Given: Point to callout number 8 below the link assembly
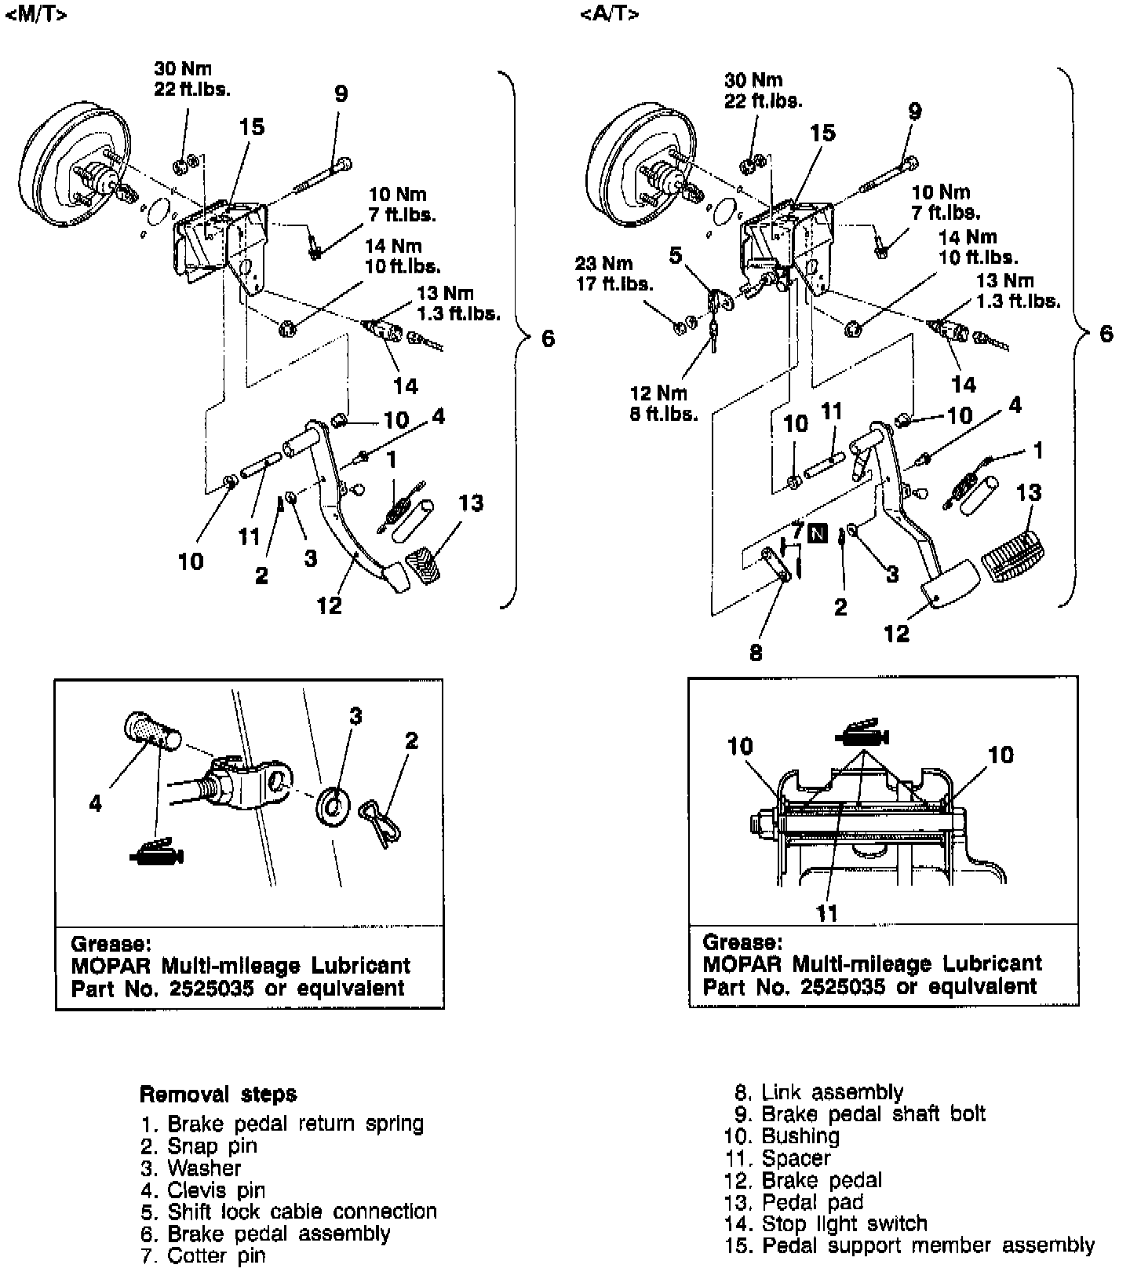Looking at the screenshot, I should pos(756,652).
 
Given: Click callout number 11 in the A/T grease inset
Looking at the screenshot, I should pos(827,912).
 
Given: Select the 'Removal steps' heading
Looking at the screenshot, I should pos(218,1094).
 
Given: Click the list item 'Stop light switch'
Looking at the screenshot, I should pos(844,1223).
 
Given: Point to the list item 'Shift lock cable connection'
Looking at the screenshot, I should pos(302,1212).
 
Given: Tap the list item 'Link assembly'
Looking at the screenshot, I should pos(833,1092).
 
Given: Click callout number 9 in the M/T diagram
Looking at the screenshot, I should pos(341,93).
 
